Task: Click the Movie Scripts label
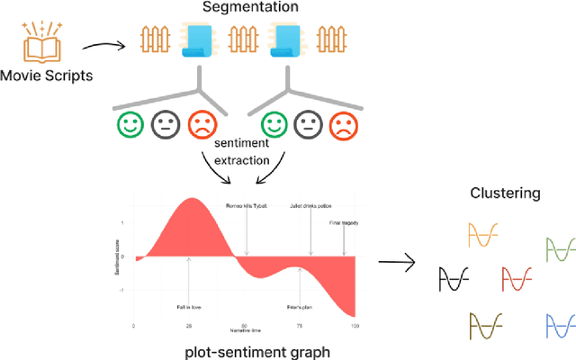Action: (x=46, y=76)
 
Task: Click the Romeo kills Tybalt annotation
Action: (x=246, y=205)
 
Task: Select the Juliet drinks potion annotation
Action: (x=310, y=205)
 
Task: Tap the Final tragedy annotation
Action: (x=344, y=221)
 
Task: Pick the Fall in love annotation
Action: (x=189, y=307)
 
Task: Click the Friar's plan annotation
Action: (x=299, y=307)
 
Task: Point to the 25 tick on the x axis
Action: (x=189, y=325)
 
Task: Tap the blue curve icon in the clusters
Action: (x=562, y=325)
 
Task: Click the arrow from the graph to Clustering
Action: (x=395, y=263)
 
